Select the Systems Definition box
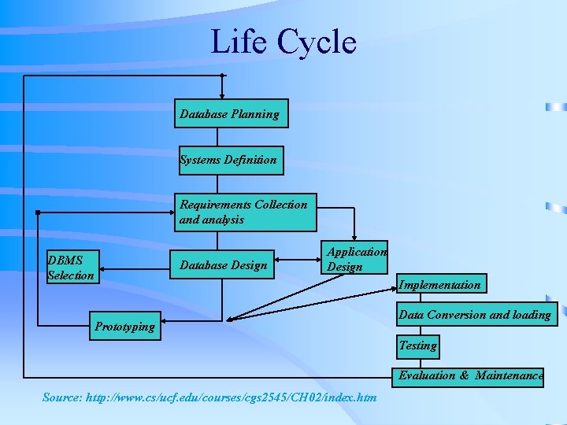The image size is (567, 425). point(229,160)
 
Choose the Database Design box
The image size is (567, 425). point(223,265)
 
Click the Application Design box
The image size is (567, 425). point(357,259)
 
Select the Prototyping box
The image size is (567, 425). point(124,327)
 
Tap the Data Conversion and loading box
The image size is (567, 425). point(475,315)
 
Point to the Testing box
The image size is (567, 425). point(417,345)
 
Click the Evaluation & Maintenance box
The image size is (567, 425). point(471,375)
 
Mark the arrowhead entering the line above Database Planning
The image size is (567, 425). point(222,76)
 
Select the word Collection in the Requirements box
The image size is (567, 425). point(281,205)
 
